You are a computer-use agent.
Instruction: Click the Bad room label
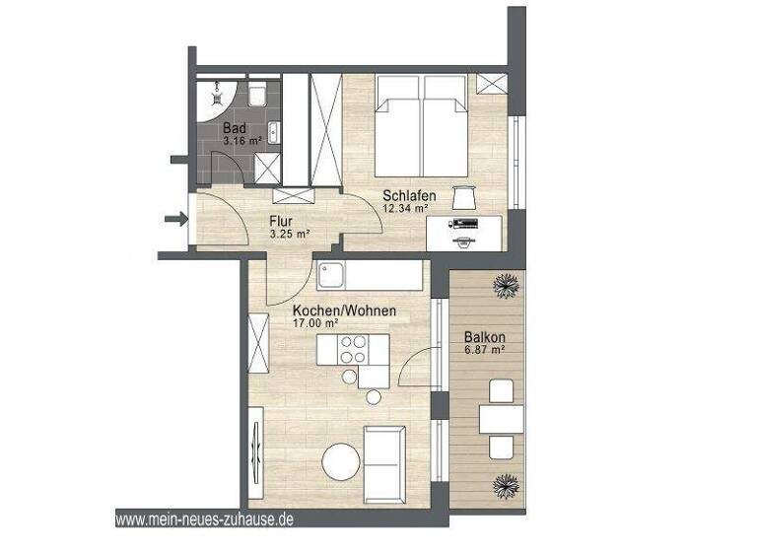click(x=234, y=128)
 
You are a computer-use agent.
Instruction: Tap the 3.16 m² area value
click(x=241, y=142)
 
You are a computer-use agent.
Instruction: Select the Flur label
click(x=281, y=221)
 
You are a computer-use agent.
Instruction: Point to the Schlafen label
click(x=409, y=195)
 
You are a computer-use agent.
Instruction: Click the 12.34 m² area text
click(x=405, y=208)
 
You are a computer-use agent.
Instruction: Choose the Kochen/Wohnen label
click(x=345, y=310)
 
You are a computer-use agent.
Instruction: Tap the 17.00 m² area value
click(x=316, y=323)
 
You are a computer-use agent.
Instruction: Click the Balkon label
click(x=485, y=335)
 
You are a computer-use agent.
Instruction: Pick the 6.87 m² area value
click(x=485, y=349)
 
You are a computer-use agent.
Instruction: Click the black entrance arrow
click(x=175, y=218)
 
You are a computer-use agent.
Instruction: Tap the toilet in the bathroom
click(x=258, y=97)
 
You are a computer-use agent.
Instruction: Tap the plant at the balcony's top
click(x=508, y=286)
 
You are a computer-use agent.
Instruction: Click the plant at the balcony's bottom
click(x=508, y=485)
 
